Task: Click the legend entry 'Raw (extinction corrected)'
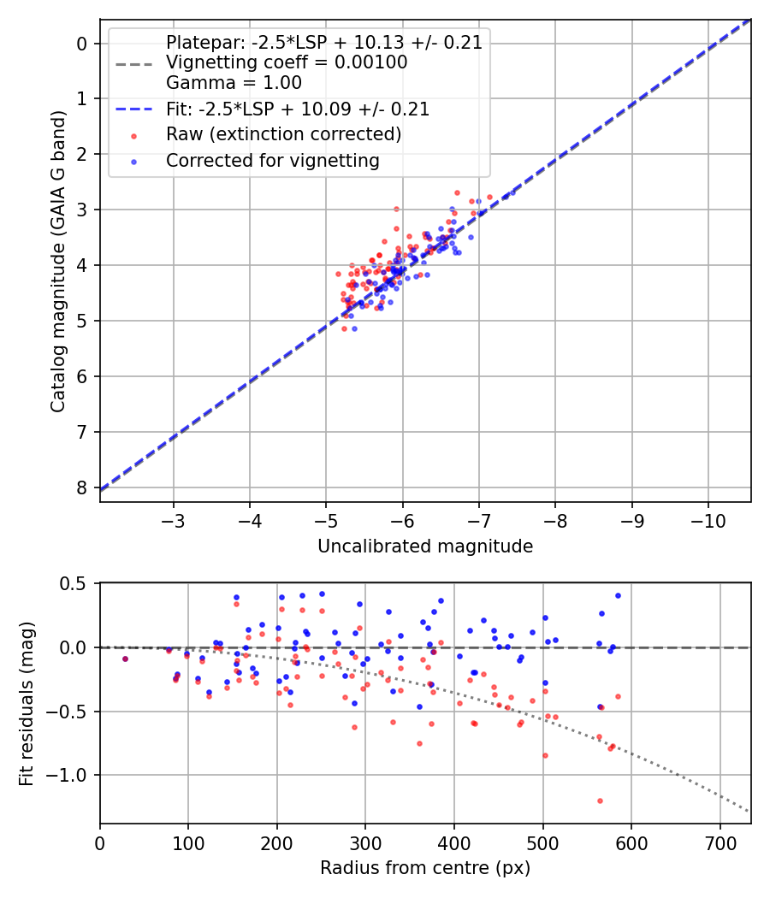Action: (283, 134)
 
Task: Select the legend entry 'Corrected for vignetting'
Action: (272, 160)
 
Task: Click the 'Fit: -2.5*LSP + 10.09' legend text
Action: (298, 109)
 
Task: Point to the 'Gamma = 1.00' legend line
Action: (234, 83)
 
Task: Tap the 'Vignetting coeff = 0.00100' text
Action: (287, 62)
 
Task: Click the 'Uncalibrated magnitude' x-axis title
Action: (425, 546)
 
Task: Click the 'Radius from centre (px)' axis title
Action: (425, 868)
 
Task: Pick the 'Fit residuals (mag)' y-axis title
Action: (27, 703)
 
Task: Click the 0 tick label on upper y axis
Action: (82, 44)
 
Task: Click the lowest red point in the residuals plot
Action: (600, 801)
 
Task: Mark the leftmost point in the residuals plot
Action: (125, 659)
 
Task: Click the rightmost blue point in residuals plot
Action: (618, 595)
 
